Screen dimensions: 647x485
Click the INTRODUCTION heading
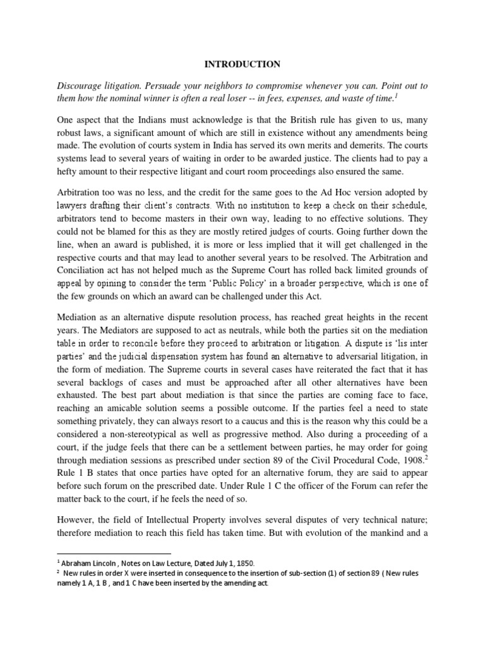[242, 64]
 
